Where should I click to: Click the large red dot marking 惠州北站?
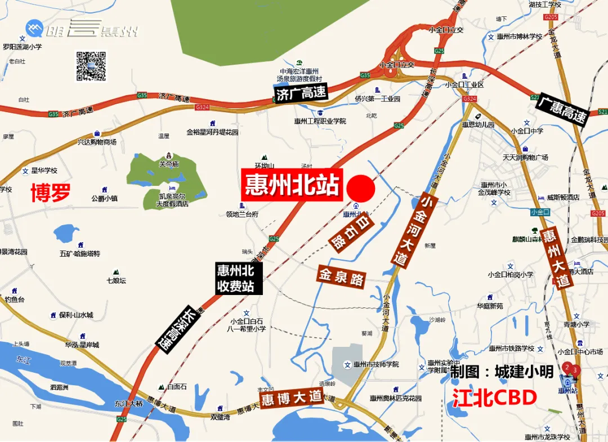[x=361, y=188]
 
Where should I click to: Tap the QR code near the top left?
[x=91, y=66]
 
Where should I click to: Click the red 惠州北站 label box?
[x=292, y=184]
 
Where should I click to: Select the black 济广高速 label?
[x=302, y=93]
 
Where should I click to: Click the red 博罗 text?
[x=51, y=193]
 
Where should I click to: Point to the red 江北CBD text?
[x=494, y=398]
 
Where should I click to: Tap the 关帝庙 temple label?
[x=168, y=164]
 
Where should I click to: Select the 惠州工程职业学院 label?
[x=320, y=121]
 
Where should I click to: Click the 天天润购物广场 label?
[x=525, y=158]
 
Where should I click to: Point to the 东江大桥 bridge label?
[x=129, y=403]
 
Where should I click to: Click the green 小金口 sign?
[x=540, y=212]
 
